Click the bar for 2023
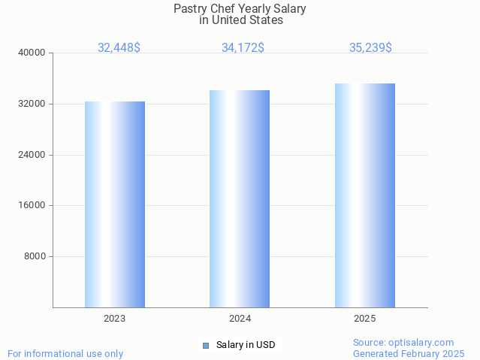pyautogui.click(x=115, y=204)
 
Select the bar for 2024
pyautogui.click(x=240, y=198)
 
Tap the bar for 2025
pyautogui.click(x=365, y=195)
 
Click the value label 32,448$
pyautogui.click(x=119, y=47)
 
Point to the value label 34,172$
pyautogui.click(x=243, y=47)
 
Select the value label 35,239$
pyautogui.click(x=370, y=47)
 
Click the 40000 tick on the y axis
pyautogui.click(x=32, y=53)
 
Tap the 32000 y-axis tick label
pyautogui.click(x=32, y=104)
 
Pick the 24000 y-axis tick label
pyautogui.click(x=32, y=155)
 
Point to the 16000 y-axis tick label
pyautogui.click(x=32, y=205)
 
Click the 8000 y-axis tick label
pyautogui.click(x=35, y=256)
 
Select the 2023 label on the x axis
pyautogui.click(x=115, y=319)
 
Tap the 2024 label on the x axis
pyautogui.click(x=240, y=319)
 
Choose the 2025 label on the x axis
pyautogui.click(x=365, y=319)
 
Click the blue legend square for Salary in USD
pyautogui.click(x=205, y=346)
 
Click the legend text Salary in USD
pyautogui.click(x=246, y=346)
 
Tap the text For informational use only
pyautogui.click(x=65, y=353)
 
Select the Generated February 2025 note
pyautogui.click(x=409, y=353)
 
